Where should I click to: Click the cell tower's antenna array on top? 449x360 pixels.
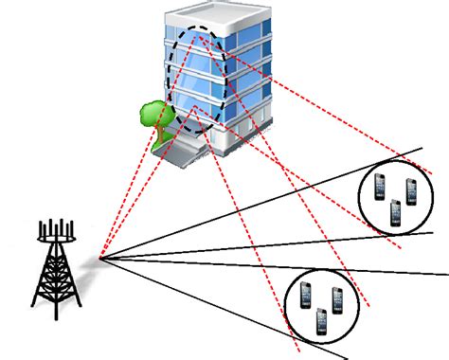click(x=55, y=230)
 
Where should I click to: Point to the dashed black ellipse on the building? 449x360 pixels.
click(x=172, y=76)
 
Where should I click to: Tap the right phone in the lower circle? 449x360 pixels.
click(x=336, y=297)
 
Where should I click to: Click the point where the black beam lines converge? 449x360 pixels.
click(x=100, y=256)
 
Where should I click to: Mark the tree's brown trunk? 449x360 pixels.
click(x=157, y=134)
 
